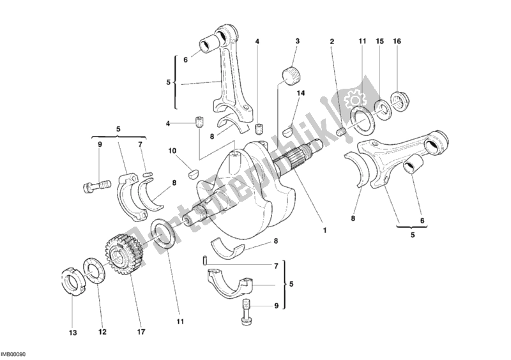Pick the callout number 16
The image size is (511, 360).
(x=397, y=41)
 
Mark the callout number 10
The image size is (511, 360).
(x=172, y=151)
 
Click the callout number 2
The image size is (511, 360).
(x=332, y=42)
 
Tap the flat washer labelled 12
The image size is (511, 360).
(x=93, y=271)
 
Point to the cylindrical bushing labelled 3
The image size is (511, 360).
(x=291, y=74)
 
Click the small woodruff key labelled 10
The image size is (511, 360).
(x=194, y=172)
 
